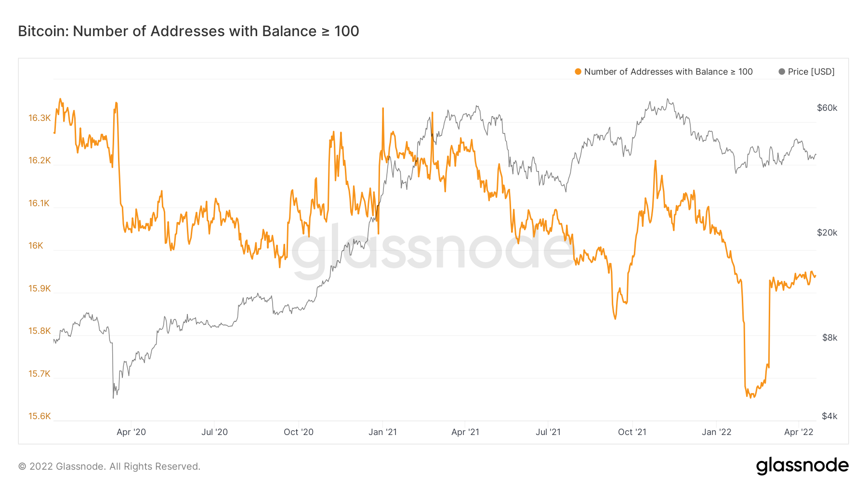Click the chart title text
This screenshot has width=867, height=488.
click(x=188, y=31)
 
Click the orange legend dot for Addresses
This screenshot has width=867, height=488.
click(x=578, y=72)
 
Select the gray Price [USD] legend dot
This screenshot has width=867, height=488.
click(x=782, y=72)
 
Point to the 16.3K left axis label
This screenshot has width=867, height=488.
click(x=39, y=118)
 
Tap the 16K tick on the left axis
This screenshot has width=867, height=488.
click(x=36, y=246)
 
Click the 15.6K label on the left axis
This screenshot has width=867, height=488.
click(x=39, y=416)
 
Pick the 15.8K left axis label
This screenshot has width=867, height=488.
click(x=39, y=331)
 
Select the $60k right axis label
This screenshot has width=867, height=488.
click(x=827, y=108)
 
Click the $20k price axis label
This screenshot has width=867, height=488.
click(x=827, y=233)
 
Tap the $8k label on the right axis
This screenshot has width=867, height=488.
click(x=829, y=338)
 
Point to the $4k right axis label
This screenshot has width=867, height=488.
click(x=829, y=416)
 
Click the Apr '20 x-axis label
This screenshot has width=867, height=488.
click(x=131, y=432)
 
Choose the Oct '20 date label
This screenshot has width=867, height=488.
click(x=299, y=432)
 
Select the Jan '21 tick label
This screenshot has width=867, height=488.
click(x=382, y=432)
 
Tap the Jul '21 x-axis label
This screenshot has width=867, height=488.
click(x=548, y=432)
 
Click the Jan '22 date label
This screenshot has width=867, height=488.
click(x=716, y=432)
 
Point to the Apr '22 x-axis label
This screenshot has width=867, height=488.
click(x=799, y=432)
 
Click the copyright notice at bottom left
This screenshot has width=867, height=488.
click(x=109, y=466)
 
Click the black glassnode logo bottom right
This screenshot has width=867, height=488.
click(x=802, y=466)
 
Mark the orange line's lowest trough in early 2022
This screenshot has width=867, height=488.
click(x=751, y=397)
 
